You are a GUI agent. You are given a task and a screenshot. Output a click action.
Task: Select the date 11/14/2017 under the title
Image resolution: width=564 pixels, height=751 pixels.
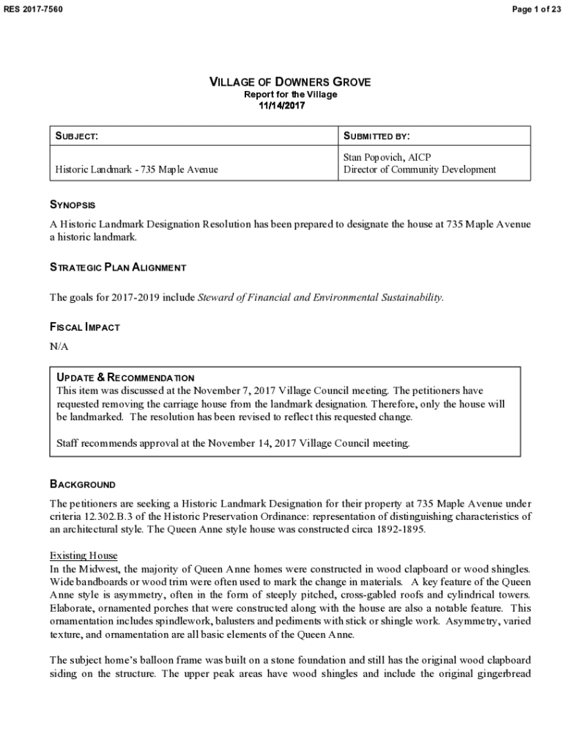(282, 106)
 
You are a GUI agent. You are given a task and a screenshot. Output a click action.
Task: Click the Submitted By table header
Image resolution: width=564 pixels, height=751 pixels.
(376, 136)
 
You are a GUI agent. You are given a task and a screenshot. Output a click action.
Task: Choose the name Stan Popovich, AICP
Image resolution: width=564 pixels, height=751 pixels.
(387, 157)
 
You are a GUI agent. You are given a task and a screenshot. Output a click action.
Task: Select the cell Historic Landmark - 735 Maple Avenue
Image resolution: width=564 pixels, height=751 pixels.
(137, 169)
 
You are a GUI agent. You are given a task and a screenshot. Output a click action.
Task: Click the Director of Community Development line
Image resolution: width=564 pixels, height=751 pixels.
(420, 169)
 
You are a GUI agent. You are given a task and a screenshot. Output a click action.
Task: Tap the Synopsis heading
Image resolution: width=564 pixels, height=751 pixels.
(73, 205)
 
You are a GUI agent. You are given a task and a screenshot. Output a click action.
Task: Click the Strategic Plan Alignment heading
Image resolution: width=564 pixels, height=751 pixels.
(117, 268)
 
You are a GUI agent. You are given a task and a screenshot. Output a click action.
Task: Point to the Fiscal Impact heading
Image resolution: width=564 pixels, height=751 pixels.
(84, 327)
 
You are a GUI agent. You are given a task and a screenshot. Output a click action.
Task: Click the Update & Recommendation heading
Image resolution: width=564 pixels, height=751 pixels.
(125, 378)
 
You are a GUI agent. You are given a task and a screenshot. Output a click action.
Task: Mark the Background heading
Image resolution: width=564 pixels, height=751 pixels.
(83, 485)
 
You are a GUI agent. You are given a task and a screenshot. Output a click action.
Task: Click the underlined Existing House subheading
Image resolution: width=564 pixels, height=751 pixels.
(83, 555)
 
